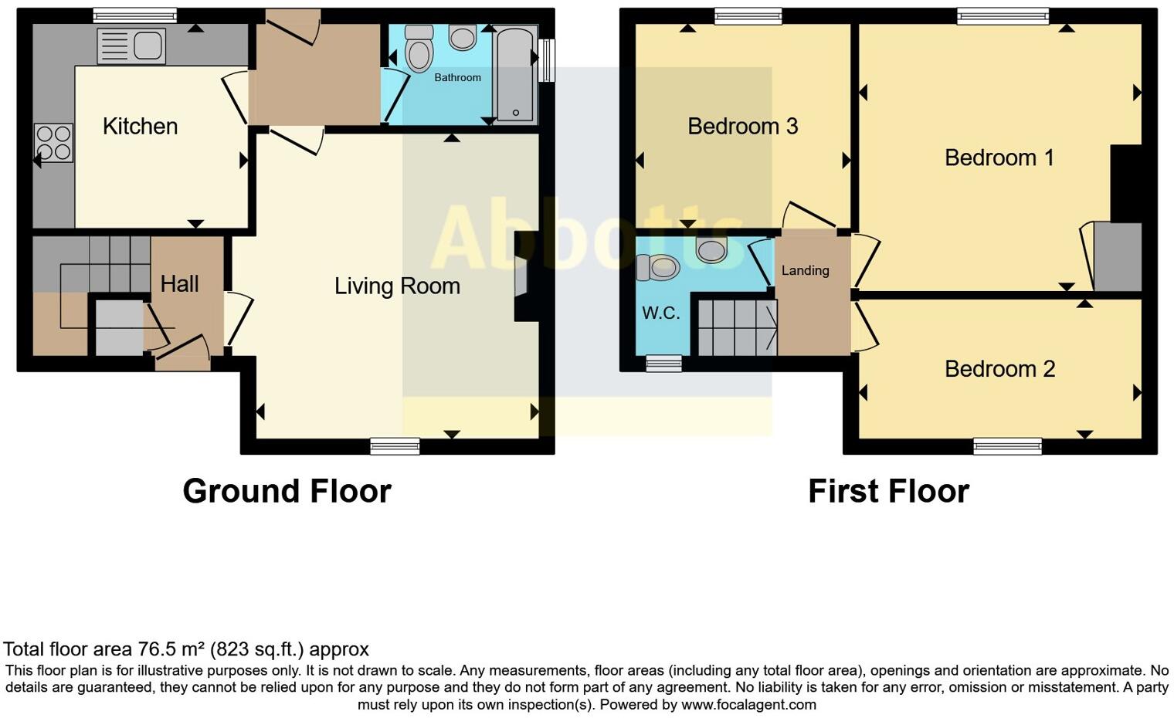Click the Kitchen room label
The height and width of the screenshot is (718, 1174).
[x=140, y=126]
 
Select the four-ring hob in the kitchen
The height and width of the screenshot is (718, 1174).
[x=53, y=143]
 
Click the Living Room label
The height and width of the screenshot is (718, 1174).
[x=397, y=286]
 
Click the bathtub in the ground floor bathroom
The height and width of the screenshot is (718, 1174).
[x=514, y=75]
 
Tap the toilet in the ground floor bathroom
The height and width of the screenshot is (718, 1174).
[x=419, y=49]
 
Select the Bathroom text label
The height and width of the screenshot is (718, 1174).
[x=457, y=77]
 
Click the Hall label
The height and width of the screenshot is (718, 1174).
[x=179, y=283]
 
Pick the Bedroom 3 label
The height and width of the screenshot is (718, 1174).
[x=742, y=126]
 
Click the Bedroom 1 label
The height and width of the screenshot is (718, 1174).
[x=999, y=157]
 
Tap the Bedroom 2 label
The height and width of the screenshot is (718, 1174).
[x=999, y=368]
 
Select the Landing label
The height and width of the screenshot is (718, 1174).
[x=805, y=270]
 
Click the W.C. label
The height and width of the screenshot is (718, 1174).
[x=661, y=313]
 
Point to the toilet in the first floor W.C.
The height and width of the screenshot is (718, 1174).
[x=658, y=268]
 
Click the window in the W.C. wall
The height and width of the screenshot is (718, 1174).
[x=663, y=364]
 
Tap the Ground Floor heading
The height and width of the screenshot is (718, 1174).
[x=287, y=491]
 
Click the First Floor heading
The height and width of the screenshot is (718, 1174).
[x=888, y=491]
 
